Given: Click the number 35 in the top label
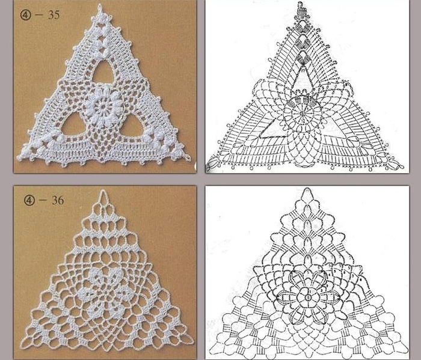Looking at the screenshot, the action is tap(54, 15).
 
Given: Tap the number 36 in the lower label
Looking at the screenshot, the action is tap(58, 200).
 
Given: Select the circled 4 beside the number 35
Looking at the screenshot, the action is tap(25, 15).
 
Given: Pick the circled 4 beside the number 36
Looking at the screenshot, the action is tap(29, 200).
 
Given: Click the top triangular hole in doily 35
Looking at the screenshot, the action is tap(103, 73).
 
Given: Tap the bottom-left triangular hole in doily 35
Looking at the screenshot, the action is tap(73, 126).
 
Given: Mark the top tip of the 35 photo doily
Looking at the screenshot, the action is tap(100, 5).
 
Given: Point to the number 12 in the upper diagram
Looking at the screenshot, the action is tap(303, 122).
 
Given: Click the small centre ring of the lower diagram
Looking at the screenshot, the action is tap(308, 297).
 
